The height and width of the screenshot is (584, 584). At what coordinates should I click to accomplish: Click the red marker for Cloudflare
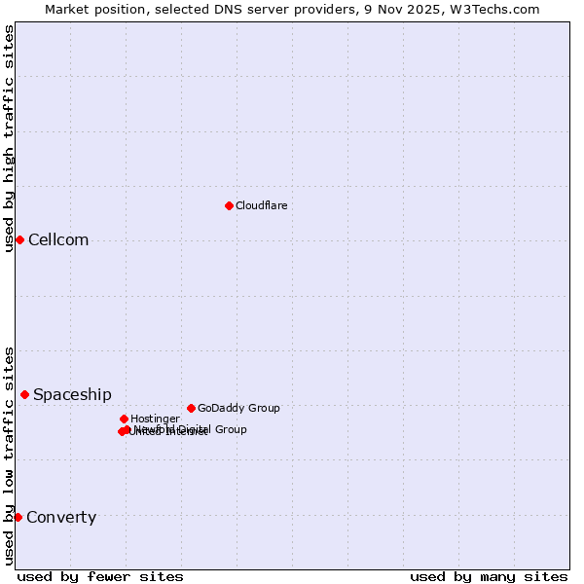pos(229,205)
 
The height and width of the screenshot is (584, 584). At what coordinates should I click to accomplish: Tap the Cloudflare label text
pos(261,205)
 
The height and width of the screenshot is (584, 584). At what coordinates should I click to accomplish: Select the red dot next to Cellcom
pos(19,239)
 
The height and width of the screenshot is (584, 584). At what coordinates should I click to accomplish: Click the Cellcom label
pos(58,240)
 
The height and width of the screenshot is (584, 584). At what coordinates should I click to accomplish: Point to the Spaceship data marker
pos(24,394)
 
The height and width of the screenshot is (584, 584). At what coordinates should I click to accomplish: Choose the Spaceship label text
pos(72,394)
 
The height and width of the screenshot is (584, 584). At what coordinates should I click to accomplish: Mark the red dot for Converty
pos(18,517)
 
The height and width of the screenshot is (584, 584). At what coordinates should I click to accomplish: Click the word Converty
pos(61,518)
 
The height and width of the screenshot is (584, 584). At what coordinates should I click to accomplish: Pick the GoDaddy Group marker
pos(191,408)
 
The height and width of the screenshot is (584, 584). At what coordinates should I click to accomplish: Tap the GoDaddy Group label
pos(238,408)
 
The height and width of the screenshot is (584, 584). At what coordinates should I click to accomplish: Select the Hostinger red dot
pos(124,419)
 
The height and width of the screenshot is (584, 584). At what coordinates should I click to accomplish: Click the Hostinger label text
pos(155,419)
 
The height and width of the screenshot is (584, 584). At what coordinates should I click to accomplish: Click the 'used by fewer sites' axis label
pos(100,576)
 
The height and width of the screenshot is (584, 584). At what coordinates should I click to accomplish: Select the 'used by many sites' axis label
pos(489,576)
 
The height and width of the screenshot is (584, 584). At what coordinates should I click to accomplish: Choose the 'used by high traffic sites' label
pos(9,138)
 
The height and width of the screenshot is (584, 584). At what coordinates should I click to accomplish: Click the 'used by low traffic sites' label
pos(9,456)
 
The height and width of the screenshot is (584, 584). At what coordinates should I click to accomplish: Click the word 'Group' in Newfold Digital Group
pos(231,429)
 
